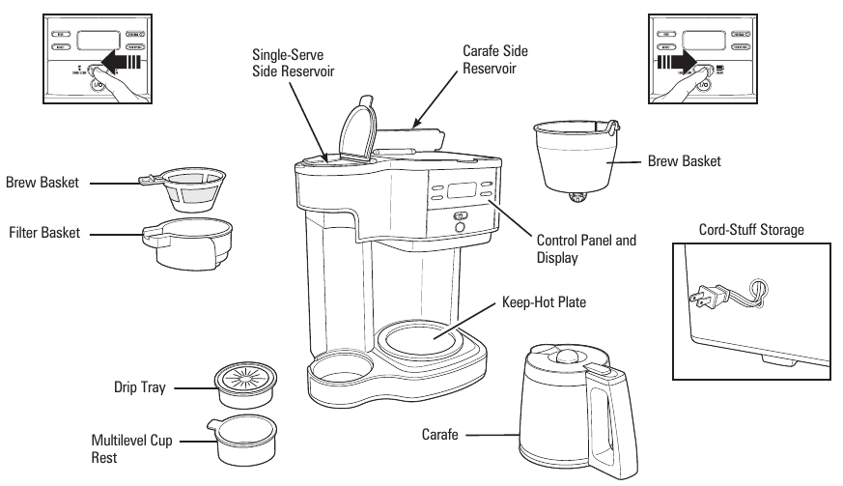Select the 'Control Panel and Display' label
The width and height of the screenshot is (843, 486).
click(x=586, y=249)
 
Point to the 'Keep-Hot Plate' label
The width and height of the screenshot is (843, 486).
click(x=546, y=301)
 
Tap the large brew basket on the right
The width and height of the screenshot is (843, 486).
click(x=576, y=158)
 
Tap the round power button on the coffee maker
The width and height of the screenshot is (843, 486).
click(x=460, y=228)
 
